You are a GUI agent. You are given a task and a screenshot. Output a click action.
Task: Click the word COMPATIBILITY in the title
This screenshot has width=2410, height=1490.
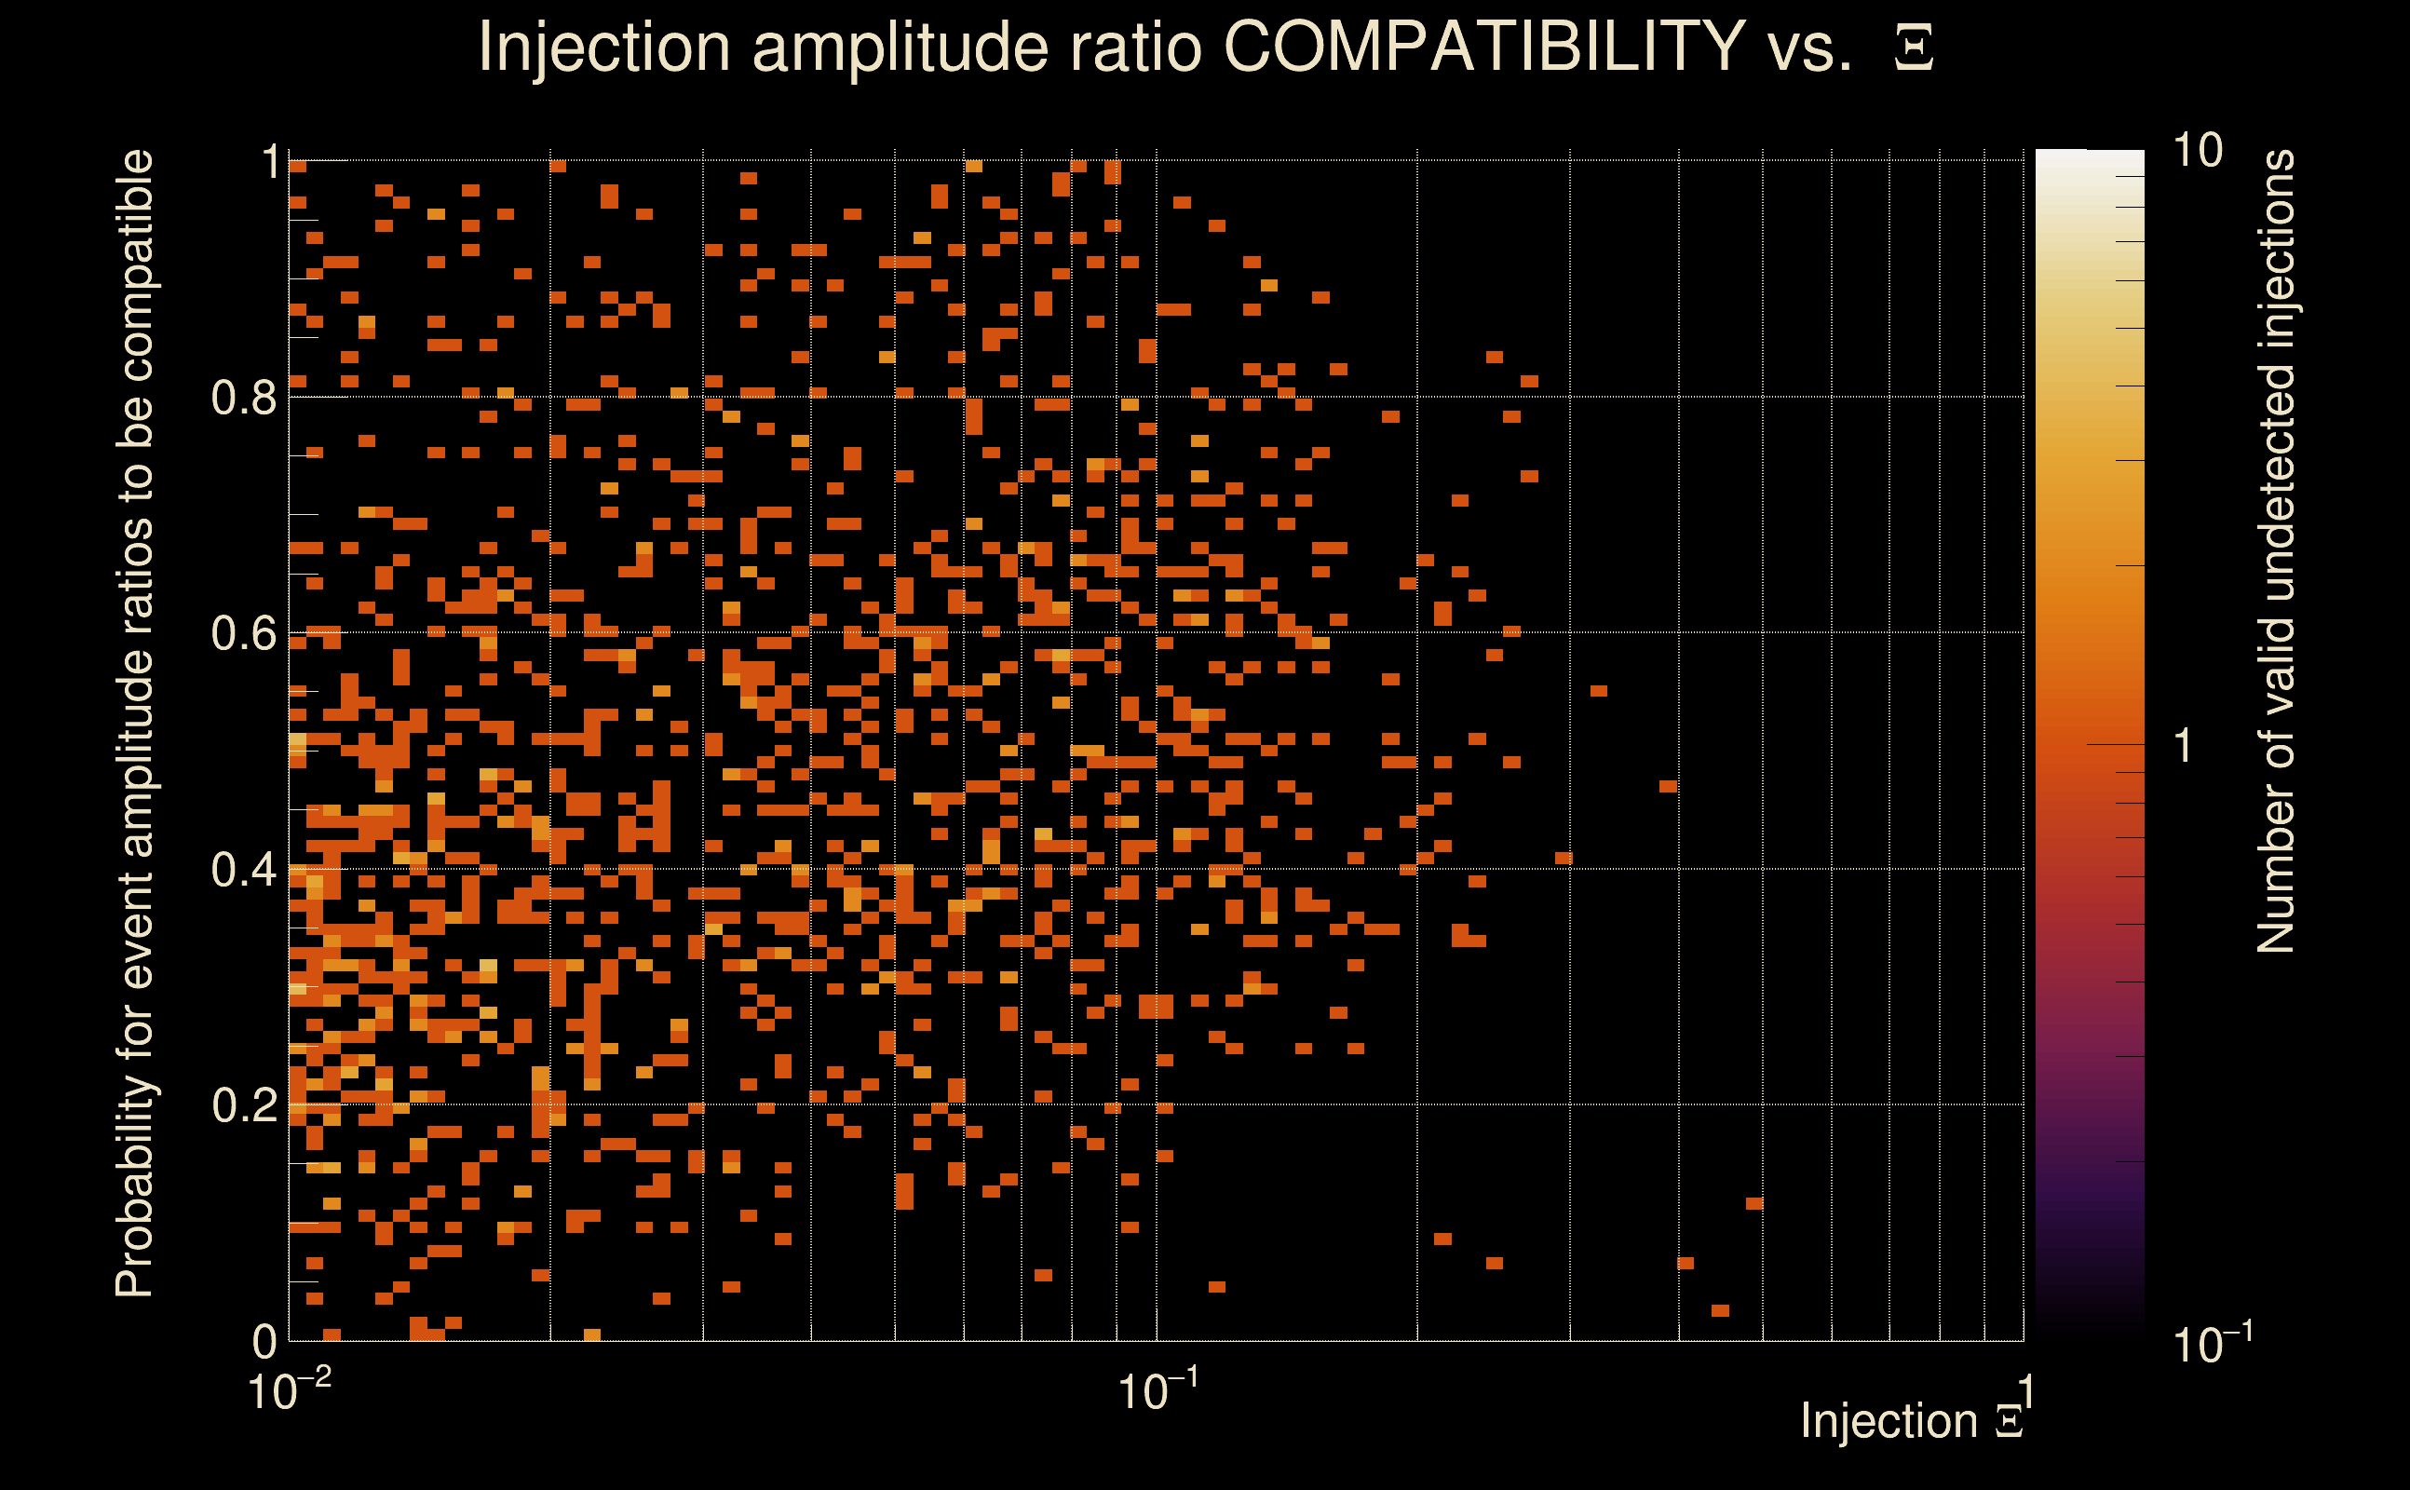coord(1483,47)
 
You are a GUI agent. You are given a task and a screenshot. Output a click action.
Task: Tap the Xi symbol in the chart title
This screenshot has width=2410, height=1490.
coord(1914,48)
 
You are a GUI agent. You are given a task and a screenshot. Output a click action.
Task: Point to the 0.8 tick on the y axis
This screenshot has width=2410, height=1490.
coord(244,399)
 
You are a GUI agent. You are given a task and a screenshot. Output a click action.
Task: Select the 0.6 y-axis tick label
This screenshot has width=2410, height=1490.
coord(244,633)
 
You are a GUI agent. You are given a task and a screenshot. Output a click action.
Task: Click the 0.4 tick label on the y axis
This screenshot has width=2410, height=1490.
coord(244,870)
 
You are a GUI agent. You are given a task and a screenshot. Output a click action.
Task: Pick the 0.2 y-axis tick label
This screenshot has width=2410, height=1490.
coord(244,1105)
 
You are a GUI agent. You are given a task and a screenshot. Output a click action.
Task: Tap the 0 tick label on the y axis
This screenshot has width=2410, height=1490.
coord(265,1341)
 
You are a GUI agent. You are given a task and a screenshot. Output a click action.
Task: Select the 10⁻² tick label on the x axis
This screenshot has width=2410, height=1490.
coord(289,1390)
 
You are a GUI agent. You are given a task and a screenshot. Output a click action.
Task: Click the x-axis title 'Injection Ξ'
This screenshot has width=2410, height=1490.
coord(1912,1421)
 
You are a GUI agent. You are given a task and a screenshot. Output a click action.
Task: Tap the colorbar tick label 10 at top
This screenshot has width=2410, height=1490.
coord(2197,151)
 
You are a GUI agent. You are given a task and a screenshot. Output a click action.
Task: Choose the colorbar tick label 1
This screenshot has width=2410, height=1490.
coord(2184,746)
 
